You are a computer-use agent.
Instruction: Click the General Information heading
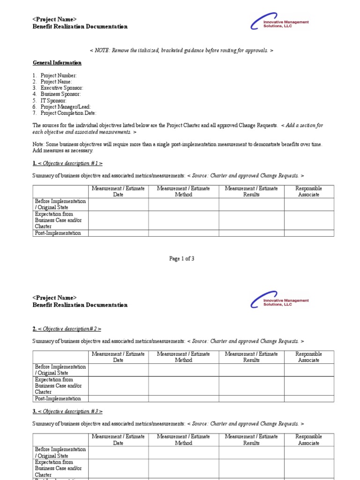[x=57, y=63]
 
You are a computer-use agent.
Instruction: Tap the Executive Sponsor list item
[x=61, y=88]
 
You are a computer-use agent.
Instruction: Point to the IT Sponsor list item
[x=53, y=100]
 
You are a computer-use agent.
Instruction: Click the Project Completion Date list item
[x=68, y=113]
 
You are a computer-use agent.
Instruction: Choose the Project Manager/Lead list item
[x=65, y=107]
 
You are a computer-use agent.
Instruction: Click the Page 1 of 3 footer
[x=181, y=259]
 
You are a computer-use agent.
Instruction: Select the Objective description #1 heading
[x=67, y=163]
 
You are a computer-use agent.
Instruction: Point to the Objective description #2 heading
[x=67, y=329]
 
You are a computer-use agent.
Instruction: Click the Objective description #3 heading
[x=67, y=411]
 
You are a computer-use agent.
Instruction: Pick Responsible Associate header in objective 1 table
[x=309, y=191]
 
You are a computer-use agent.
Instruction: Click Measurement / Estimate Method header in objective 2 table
[x=183, y=357]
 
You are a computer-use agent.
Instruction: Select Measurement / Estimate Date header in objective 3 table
[x=118, y=439]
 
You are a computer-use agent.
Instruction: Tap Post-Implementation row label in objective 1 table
[x=58, y=233]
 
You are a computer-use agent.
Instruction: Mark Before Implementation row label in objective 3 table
[x=60, y=452]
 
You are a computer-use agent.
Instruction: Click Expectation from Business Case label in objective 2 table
[x=58, y=386]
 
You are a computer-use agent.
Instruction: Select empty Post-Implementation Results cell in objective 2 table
[x=251, y=398]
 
